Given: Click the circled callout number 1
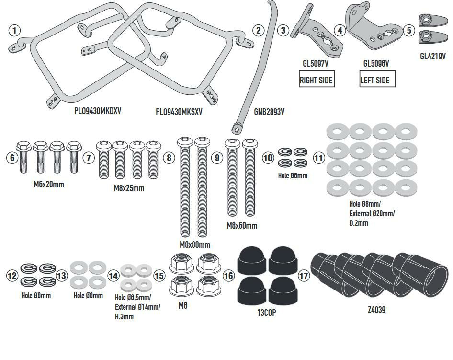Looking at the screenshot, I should coord(15,31).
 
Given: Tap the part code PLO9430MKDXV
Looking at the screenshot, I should coord(98,111).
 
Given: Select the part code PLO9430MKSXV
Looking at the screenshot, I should coord(179,112).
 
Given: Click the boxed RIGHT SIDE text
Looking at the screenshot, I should coord(316,80).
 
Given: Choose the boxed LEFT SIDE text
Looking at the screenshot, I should coord(374,80).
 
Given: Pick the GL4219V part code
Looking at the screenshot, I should coord(432,56).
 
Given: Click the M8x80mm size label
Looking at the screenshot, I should coord(195,244).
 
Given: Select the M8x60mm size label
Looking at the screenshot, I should coord(241,225).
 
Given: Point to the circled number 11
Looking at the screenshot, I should coord(319,158).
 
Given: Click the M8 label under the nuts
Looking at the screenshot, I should coord(182,304).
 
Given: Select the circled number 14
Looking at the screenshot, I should coord(113,276).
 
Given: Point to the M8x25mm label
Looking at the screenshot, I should coord(129,188).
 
